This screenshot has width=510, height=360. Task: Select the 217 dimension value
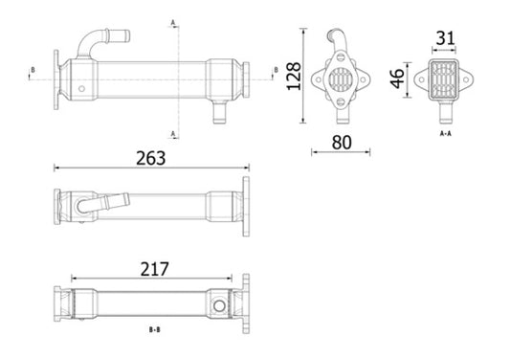(x=150, y=271)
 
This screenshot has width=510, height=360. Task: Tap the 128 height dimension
(x=293, y=76)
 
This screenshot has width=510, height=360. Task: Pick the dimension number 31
(x=445, y=38)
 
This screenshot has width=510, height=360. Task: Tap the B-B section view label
(x=153, y=330)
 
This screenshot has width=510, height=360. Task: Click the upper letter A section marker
(x=172, y=21)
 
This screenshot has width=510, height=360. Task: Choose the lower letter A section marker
(x=172, y=132)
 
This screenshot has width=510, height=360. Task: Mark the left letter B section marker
(x=33, y=70)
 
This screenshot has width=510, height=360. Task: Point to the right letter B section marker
(x=276, y=70)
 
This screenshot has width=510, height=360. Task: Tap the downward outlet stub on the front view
(x=217, y=113)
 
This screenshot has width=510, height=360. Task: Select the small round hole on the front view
(x=81, y=90)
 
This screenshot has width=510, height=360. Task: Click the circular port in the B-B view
(x=220, y=305)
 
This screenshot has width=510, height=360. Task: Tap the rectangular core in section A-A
(x=442, y=77)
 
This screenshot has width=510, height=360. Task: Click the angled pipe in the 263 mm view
(x=104, y=203)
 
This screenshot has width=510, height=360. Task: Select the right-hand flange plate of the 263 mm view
(x=246, y=207)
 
